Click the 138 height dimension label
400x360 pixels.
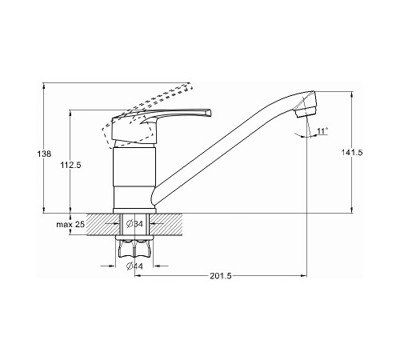(44, 154)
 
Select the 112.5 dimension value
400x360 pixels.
(70, 166)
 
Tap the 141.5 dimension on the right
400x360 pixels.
(352, 153)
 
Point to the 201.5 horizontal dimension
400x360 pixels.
(221, 276)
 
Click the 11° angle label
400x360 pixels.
(322, 131)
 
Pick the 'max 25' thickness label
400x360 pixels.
(70, 225)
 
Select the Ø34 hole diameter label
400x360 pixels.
(134, 224)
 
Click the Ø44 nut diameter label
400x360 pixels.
(134, 266)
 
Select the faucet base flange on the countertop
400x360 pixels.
(134, 210)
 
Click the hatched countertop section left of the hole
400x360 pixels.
(102, 224)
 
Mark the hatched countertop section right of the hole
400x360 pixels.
(166, 224)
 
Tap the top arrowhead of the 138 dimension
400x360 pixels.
(44, 86)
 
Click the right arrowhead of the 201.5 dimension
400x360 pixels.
(304, 275)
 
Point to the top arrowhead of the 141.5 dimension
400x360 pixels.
(352, 94)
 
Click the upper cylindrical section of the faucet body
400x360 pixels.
(134, 166)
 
